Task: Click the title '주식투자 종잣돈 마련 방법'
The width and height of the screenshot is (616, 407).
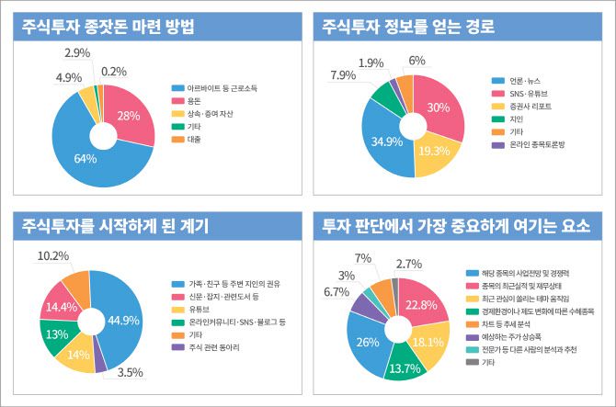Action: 108,28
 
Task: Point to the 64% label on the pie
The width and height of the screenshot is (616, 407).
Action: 86,159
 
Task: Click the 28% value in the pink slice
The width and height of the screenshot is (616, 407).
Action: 129,115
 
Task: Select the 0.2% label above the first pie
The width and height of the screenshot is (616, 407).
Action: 115,71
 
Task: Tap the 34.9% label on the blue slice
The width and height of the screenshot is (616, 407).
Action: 386,142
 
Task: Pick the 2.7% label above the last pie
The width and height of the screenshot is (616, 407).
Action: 409,265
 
